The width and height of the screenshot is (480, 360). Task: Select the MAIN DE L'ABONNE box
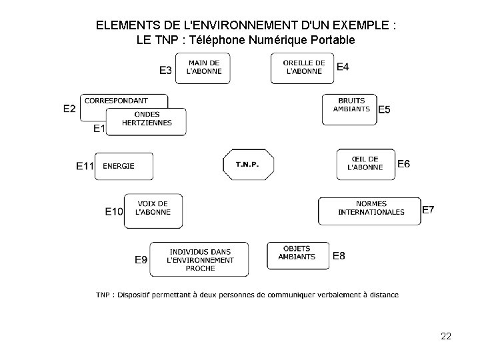(x=203, y=68)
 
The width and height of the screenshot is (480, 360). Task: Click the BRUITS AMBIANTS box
(x=349, y=109)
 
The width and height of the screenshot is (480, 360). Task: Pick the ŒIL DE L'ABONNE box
(x=365, y=164)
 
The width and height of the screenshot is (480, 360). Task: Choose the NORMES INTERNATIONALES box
(x=371, y=209)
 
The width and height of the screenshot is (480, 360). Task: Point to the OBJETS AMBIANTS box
(x=297, y=255)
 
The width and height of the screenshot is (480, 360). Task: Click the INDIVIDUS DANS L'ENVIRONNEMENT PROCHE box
(x=199, y=259)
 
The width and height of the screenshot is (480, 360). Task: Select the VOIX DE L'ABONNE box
(x=153, y=210)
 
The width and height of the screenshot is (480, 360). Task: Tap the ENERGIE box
(x=123, y=166)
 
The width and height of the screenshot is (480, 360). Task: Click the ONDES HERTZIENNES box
(x=146, y=121)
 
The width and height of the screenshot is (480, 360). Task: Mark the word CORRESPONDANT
(x=117, y=101)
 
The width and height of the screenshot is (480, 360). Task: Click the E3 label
(x=166, y=70)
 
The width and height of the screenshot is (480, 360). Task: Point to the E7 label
(x=428, y=209)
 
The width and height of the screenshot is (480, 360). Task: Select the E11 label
(x=84, y=166)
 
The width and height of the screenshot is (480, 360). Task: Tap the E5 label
(x=384, y=109)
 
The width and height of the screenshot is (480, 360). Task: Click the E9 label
(x=141, y=259)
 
